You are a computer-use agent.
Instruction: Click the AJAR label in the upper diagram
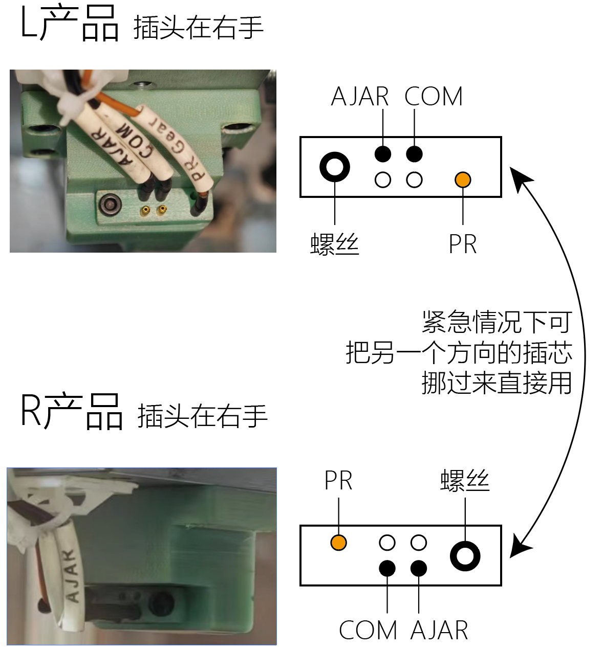(360, 97)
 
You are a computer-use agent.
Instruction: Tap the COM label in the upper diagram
(434, 97)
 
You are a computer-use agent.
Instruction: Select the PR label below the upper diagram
(463, 244)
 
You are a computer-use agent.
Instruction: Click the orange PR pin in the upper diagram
(463, 180)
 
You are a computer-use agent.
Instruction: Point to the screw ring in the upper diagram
(335, 167)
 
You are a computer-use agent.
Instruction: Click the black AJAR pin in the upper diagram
(383, 153)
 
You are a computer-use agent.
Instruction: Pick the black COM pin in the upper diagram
(414, 153)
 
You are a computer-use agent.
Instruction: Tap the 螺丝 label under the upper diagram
(335, 244)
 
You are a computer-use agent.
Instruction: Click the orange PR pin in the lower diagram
(338, 543)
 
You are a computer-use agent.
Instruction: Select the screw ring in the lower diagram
(465, 556)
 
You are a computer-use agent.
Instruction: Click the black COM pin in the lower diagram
(387, 568)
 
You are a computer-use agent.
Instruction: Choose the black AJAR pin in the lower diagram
(419, 568)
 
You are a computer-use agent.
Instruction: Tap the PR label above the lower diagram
(338, 481)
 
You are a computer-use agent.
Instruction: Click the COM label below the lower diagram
(368, 630)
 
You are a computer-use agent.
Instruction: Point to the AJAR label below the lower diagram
(439, 630)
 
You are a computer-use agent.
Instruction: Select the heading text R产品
(72, 412)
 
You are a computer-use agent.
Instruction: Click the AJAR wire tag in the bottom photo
(71, 575)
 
